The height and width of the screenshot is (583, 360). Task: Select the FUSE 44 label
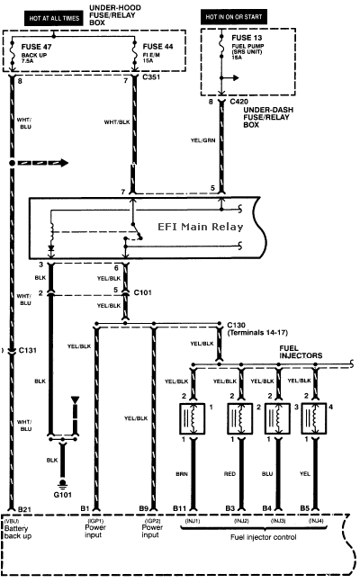[157, 45]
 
